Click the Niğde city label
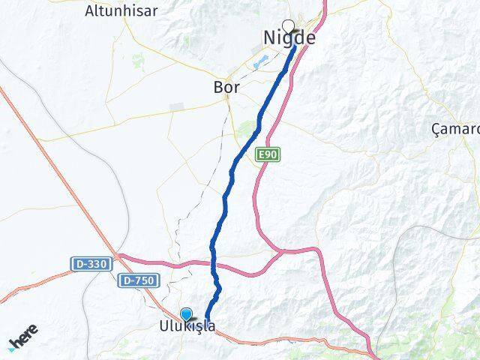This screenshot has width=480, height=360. point(289,37)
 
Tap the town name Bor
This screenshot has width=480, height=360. point(226,88)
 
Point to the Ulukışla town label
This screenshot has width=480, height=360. point(187,327)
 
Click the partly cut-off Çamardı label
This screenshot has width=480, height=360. point(455,129)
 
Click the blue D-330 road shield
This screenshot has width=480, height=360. point(91,264)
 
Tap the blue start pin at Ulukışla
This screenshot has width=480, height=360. point(186,315)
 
